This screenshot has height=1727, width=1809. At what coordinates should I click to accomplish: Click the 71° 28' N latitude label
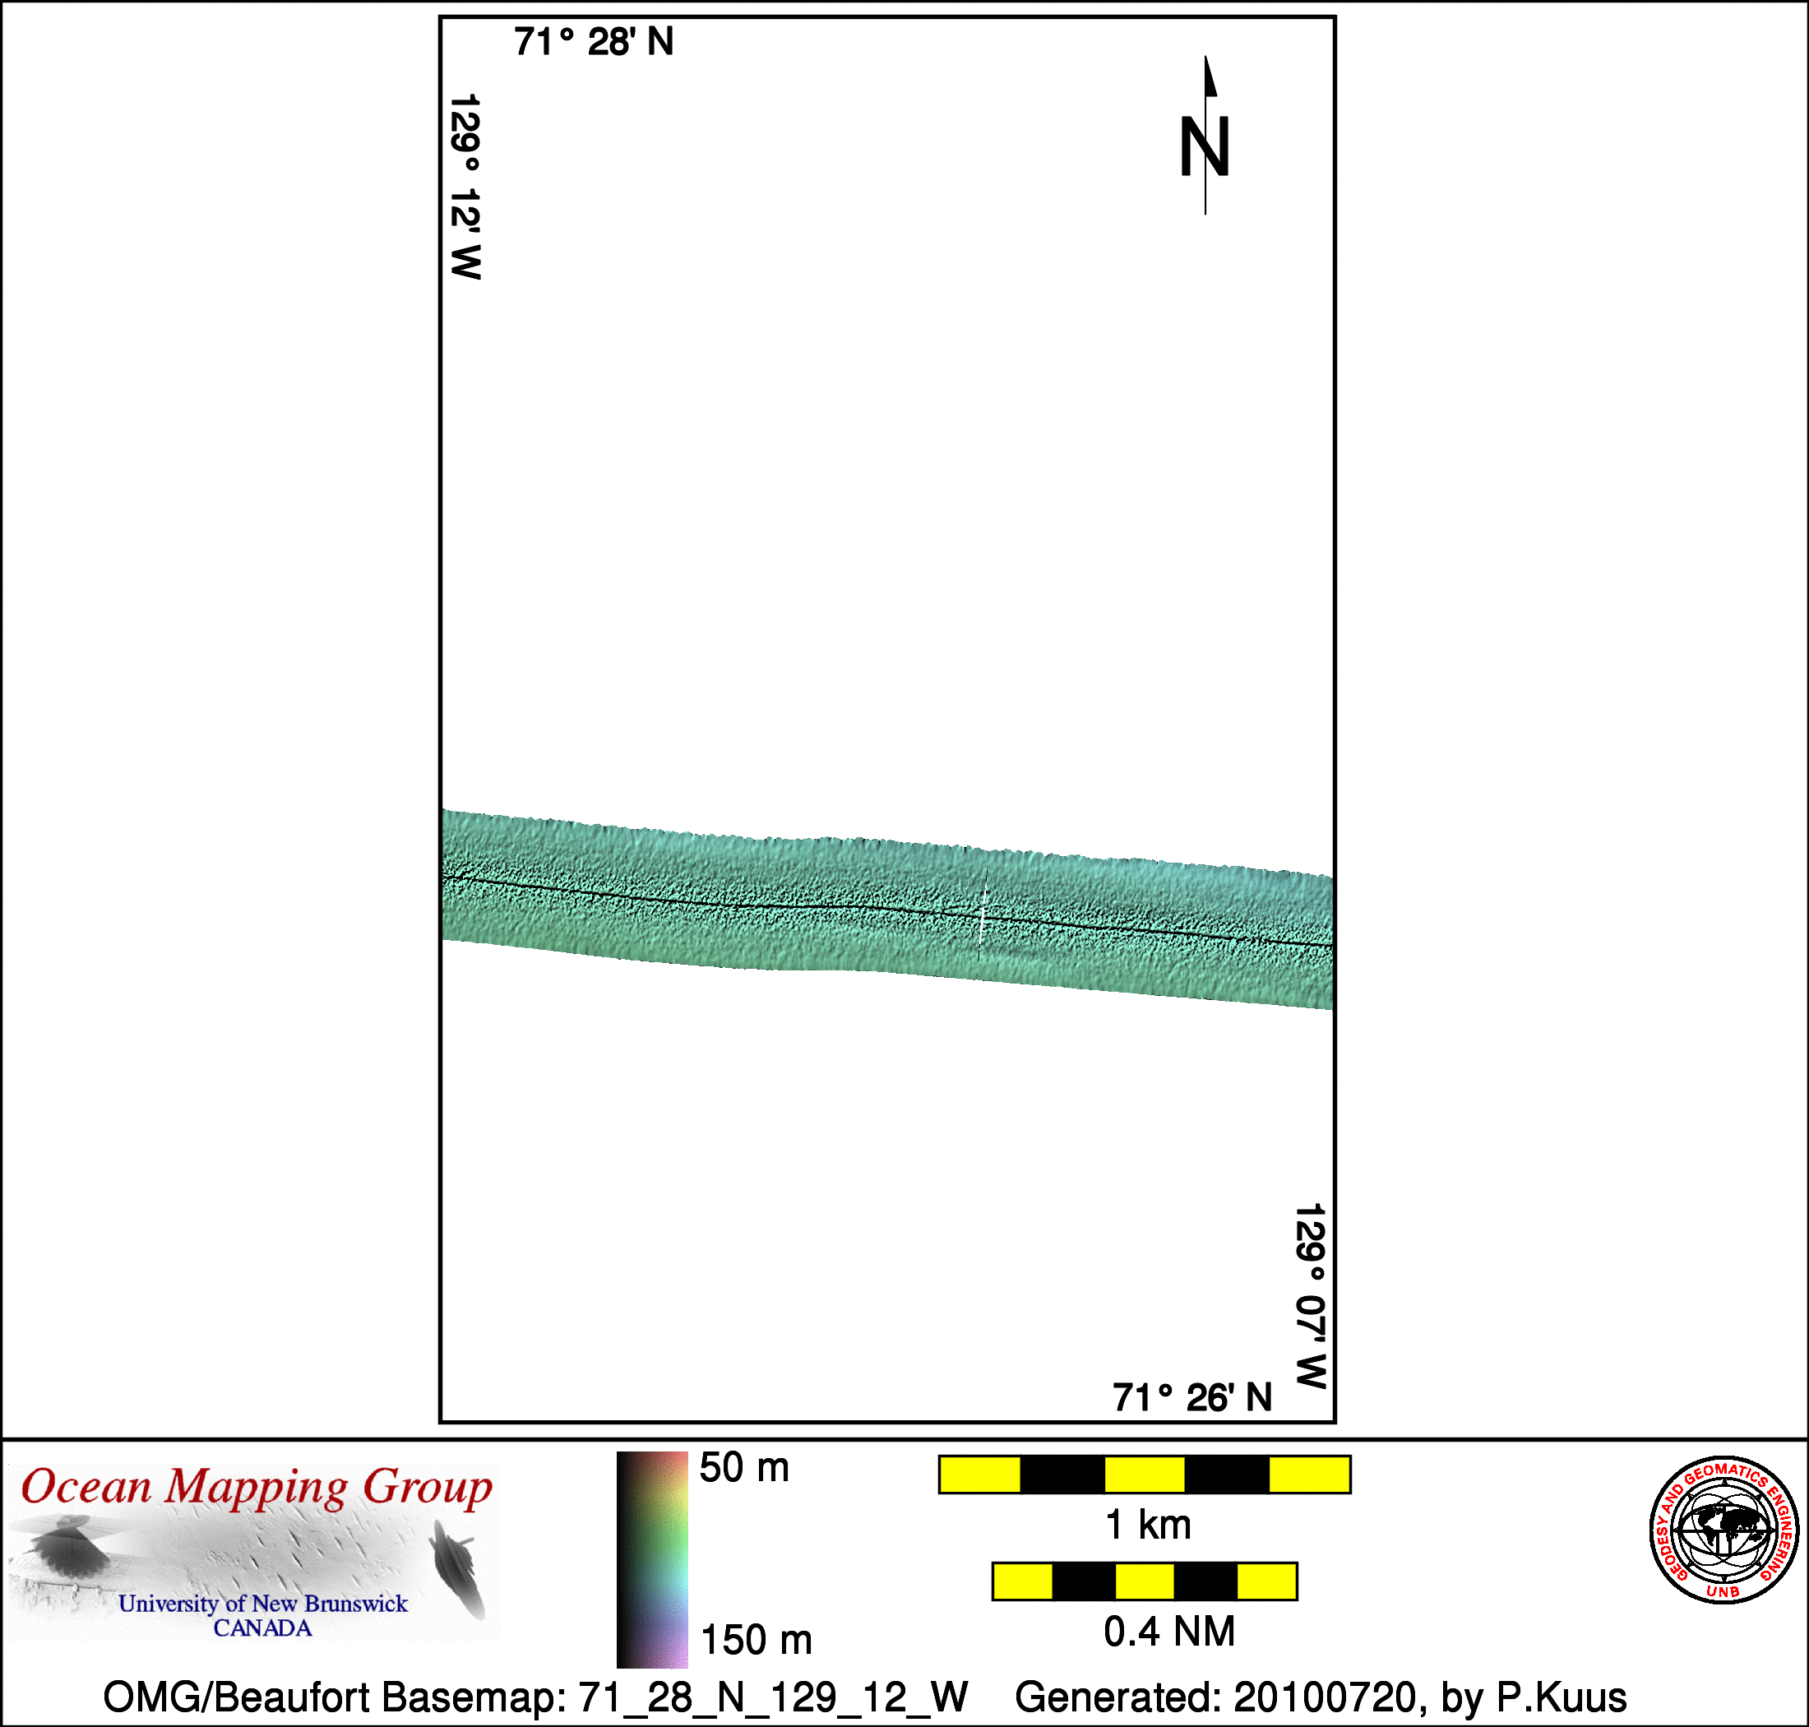(594, 42)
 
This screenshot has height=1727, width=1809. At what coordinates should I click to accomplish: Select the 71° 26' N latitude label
(1192, 1397)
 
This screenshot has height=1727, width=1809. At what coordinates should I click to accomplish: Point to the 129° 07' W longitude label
(1311, 1296)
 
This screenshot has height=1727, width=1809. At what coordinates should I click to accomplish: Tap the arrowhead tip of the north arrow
(1206, 56)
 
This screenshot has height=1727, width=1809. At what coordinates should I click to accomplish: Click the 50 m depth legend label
(744, 1467)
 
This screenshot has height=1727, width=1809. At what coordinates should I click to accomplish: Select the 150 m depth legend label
(756, 1640)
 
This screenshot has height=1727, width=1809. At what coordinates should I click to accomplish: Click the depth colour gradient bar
(652, 1559)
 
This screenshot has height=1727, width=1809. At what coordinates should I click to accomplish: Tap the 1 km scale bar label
(1148, 1525)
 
